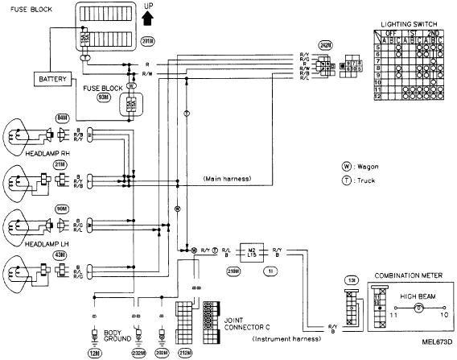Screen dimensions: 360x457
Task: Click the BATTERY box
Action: point(51,79)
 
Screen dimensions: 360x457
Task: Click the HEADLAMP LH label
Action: point(28,244)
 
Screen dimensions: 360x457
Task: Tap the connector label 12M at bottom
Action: point(93,352)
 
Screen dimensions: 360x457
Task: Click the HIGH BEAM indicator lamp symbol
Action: point(418,308)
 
